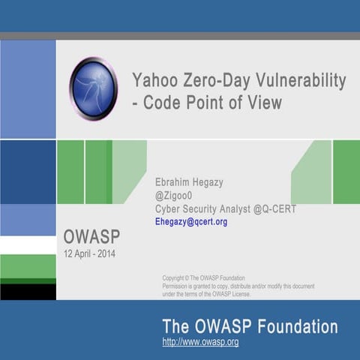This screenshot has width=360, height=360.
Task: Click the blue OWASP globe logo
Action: tap(93, 88)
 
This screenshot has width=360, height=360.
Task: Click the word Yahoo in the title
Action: tap(154, 80)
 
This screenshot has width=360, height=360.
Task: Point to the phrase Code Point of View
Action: tap(213, 103)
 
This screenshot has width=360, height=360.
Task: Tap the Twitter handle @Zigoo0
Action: tap(173, 196)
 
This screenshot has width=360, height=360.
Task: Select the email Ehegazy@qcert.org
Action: tap(190, 222)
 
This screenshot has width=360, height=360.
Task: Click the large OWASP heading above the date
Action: tap(91, 238)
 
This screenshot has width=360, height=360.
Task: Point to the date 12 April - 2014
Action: tap(89, 253)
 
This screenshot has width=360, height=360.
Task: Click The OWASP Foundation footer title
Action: tap(250, 327)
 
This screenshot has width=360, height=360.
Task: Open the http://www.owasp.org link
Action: tap(200, 342)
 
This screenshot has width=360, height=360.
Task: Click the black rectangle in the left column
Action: tap(28, 292)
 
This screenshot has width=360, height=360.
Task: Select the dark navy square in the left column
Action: tap(28, 172)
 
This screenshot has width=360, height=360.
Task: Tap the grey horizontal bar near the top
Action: tap(180, 35)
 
